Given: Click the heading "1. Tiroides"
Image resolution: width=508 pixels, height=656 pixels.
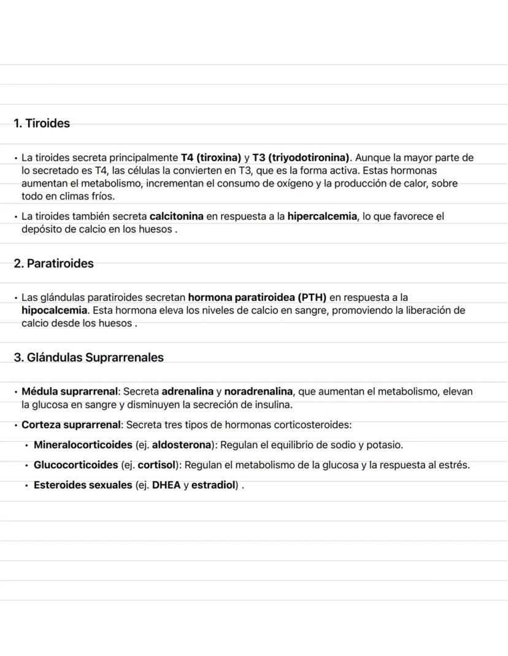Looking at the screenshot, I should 42,123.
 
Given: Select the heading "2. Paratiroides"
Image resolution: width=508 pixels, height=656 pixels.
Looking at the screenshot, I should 54,264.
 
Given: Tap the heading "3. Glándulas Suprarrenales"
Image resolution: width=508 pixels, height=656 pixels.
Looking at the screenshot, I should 89,357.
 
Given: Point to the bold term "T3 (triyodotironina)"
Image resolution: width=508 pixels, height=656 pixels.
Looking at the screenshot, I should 301,158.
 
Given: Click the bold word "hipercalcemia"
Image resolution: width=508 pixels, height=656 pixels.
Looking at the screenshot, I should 322,217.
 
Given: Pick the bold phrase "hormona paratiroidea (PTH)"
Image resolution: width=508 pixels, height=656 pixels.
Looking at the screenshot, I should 257,298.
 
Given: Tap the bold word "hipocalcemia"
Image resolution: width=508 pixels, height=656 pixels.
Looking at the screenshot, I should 55,311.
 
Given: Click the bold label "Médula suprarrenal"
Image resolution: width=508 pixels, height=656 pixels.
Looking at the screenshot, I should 69,392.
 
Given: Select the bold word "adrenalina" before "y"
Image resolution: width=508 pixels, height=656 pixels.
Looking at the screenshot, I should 187,392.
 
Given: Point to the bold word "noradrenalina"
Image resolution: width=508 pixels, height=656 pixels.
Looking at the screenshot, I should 258,392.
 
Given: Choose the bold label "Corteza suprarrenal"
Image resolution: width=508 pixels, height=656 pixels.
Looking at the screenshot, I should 71,425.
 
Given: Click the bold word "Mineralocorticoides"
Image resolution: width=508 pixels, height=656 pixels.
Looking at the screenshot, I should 83,445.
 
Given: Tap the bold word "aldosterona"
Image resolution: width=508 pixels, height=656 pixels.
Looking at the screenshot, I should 181,445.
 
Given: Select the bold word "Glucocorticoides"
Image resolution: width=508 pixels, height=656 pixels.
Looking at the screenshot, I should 75,465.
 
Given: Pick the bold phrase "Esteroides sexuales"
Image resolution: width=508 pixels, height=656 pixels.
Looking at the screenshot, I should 83,485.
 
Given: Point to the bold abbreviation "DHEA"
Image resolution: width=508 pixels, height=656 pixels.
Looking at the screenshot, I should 166,485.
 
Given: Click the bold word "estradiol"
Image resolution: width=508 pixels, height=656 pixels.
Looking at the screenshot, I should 214,485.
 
